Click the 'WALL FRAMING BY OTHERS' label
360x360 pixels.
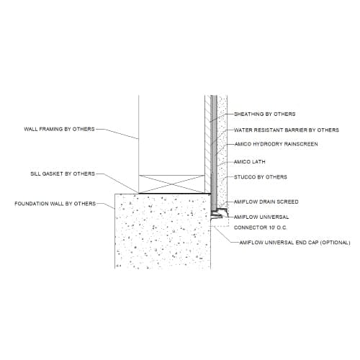[59, 129]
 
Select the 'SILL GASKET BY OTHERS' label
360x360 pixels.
[63, 174]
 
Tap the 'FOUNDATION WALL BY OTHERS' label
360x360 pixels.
[55, 204]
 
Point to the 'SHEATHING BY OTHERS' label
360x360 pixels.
[265, 114]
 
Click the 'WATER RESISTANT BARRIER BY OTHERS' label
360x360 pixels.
[287, 130]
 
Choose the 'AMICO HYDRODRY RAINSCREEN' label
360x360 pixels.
[276, 144]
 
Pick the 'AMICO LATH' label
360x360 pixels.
[250, 162]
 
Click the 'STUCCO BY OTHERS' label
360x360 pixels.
[261, 177]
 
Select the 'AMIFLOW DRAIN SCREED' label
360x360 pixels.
[266, 202]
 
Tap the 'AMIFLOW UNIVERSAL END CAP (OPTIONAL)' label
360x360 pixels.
[295, 243]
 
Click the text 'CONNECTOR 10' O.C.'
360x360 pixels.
[261, 228]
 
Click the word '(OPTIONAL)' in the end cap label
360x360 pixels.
[336, 243]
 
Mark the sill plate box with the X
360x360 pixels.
[171, 184]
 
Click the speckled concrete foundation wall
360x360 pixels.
[163, 231]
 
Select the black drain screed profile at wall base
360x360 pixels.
[219, 213]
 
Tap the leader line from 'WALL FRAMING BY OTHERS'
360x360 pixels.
[117, 134]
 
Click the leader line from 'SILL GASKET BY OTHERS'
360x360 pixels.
[117, 183]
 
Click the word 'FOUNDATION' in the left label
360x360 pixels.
[31, 204]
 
